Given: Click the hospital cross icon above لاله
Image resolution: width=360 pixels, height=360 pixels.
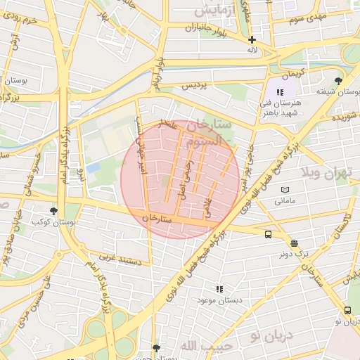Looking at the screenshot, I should (252, 40).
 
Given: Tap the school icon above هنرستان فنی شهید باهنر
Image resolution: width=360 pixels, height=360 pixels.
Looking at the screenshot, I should (280, 92).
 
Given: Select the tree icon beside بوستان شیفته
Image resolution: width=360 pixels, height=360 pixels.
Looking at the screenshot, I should (339, 82).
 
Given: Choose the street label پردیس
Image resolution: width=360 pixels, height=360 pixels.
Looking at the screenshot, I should (195, 85).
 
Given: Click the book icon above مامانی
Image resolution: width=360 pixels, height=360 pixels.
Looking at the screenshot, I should (285, 190).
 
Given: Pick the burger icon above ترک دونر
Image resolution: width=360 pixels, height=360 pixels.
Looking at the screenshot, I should (293, 243).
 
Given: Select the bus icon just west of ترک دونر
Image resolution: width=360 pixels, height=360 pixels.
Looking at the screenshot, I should (268, 235).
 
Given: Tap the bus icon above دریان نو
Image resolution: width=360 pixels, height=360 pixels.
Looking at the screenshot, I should (347, 310).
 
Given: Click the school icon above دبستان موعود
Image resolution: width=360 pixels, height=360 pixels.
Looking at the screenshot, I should (219, 288).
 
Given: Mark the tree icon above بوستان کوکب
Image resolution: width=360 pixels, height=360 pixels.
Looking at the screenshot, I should (53, 210).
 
